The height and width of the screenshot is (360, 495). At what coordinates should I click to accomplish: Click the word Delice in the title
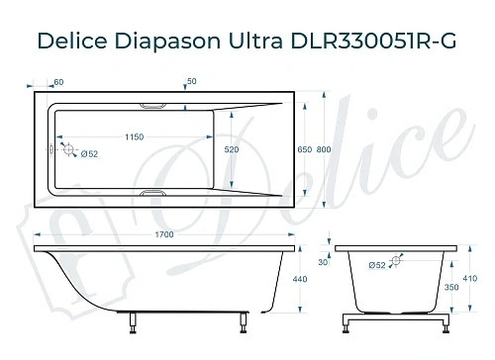tap(72, 43)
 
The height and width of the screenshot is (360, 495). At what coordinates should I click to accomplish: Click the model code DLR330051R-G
tap(389, 43)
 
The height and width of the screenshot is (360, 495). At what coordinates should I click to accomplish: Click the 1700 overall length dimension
tap(165, 234)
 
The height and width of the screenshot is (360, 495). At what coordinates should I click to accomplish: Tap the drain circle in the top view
tap(68, 148)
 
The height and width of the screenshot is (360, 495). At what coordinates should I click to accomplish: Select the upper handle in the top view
tap(155, 103)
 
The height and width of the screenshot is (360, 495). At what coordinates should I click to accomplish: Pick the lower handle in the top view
tap(155, 194)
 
